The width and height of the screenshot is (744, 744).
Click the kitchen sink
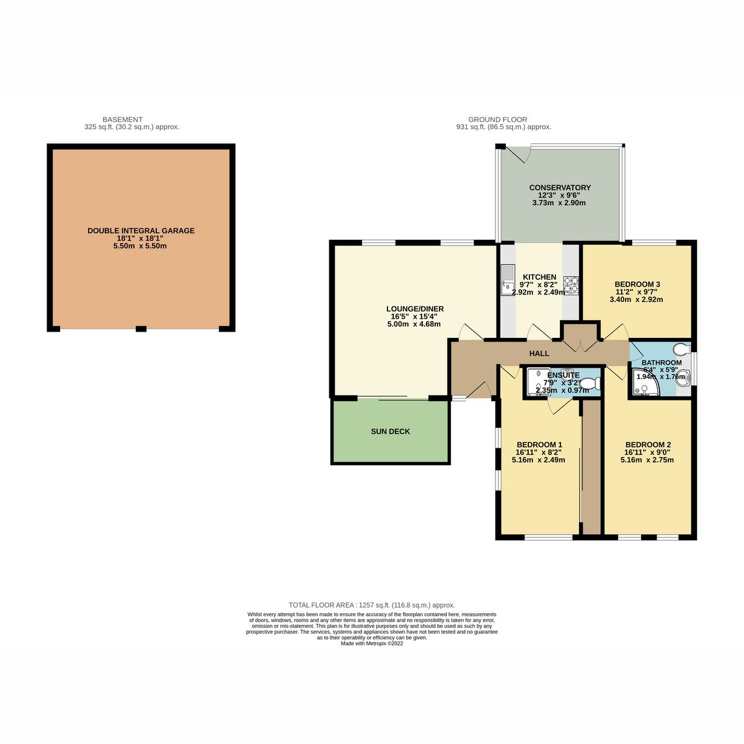coord(508,280)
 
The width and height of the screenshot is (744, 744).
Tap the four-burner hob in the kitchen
coord(570,284)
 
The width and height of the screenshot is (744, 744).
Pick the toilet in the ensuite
coord(590,383)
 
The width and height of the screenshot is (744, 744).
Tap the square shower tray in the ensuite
coord(534,383)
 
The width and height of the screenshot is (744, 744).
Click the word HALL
coord(539,353)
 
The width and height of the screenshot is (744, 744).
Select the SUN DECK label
coord(391,432)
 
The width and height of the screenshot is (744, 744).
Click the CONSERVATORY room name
coord(560,188)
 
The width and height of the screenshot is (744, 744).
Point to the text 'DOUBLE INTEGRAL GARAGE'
coord(141,231)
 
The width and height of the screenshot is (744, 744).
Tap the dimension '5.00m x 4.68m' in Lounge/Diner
coord(415,324)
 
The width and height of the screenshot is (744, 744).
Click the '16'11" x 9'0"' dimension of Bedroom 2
coord(648,453)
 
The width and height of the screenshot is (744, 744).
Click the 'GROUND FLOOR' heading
coord(497,120)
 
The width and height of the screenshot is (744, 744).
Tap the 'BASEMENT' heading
coord(122,120)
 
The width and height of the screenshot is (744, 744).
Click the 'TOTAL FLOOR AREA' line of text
coord(372,605)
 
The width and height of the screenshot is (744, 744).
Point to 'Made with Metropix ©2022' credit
coord(372,644)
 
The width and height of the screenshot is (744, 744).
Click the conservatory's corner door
coord(516,153)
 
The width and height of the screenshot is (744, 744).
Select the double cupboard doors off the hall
coord(581,342)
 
